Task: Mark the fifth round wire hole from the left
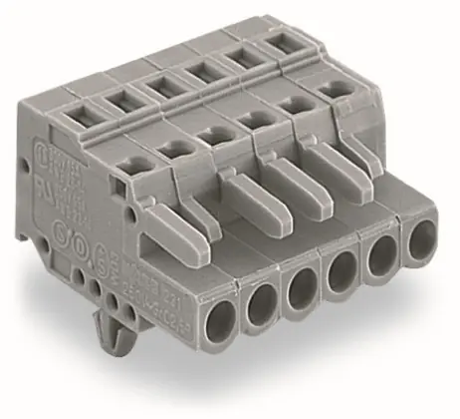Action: pyautogui.click(x=381, y=254)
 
